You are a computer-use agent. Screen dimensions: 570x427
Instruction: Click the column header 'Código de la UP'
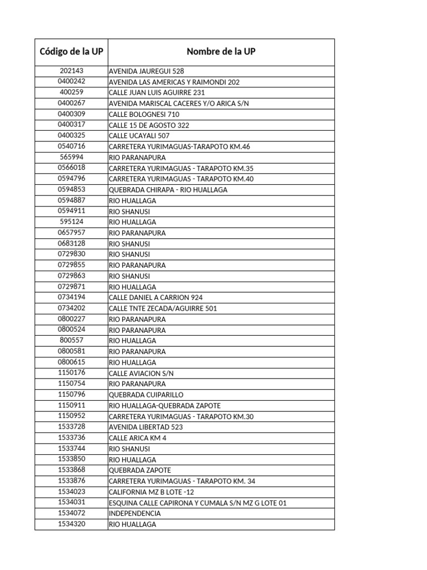(71, 52)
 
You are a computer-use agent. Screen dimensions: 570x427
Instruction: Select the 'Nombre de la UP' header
(221, 52)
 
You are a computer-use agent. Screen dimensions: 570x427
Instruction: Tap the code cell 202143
(71, 71)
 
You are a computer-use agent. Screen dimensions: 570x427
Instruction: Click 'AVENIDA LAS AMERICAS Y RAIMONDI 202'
(174, 82)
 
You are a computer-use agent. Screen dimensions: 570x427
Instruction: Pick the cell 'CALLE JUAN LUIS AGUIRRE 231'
(157, 93)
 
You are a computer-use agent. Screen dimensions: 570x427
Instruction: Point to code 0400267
(71, 103)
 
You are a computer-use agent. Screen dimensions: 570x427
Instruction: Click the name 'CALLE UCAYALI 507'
(139, 136)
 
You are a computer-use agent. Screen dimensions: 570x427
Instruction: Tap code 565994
(71, 157)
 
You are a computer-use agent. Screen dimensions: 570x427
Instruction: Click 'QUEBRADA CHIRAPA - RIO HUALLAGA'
(168, 190)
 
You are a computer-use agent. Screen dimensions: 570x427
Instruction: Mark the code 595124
(71, 222)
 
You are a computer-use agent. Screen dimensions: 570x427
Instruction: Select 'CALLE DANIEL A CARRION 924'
(156, 298)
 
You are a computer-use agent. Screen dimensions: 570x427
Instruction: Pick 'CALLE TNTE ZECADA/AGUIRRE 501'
(163, 308)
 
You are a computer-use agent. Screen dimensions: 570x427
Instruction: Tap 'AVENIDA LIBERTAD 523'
(146, 427)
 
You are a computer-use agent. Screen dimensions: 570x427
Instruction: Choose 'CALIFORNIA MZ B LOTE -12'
(151, 492)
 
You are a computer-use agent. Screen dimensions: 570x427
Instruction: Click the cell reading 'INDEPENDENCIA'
(135, 513)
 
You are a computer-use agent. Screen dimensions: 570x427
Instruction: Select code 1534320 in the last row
(71, 524)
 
